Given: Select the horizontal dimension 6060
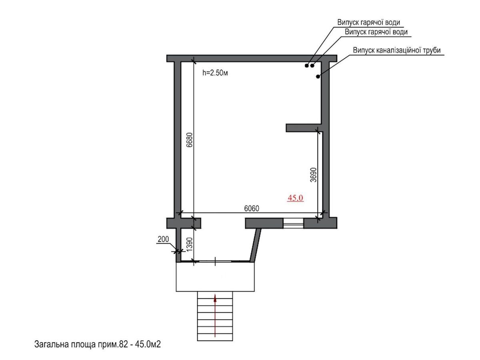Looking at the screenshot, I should (252, 208).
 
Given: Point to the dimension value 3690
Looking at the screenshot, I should (314, 175).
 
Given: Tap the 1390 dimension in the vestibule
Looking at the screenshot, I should (190, 244).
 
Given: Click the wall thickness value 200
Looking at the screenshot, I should (163, 240).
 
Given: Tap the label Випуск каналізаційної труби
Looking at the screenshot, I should (396, 50).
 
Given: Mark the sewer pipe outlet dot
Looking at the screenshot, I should (318, 76).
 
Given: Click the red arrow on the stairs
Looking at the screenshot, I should (215, 316).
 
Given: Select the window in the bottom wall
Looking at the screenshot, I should (294, 222).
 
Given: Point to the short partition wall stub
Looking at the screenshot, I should (303, 128).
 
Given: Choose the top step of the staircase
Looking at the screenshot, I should (215, 294).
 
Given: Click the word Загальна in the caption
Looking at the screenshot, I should (50, 344).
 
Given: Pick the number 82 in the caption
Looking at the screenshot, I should (122, 344).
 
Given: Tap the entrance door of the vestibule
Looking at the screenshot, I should (216, 261).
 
